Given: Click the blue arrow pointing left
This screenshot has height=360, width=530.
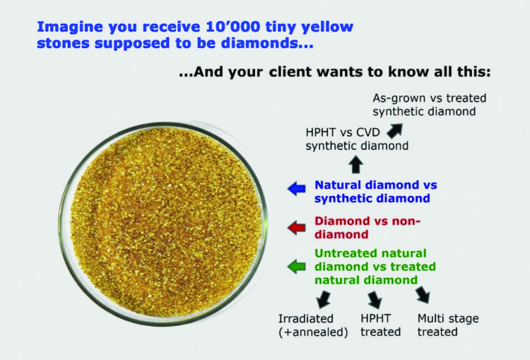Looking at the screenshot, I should pos(297,188).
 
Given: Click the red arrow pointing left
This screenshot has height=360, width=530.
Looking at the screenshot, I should pos(297,227).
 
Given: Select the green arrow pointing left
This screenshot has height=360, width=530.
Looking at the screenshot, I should pos(297,266).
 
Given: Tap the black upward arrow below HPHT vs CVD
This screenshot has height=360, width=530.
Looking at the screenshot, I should pos(355,165).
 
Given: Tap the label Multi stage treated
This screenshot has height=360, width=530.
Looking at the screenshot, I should pos(447,325).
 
